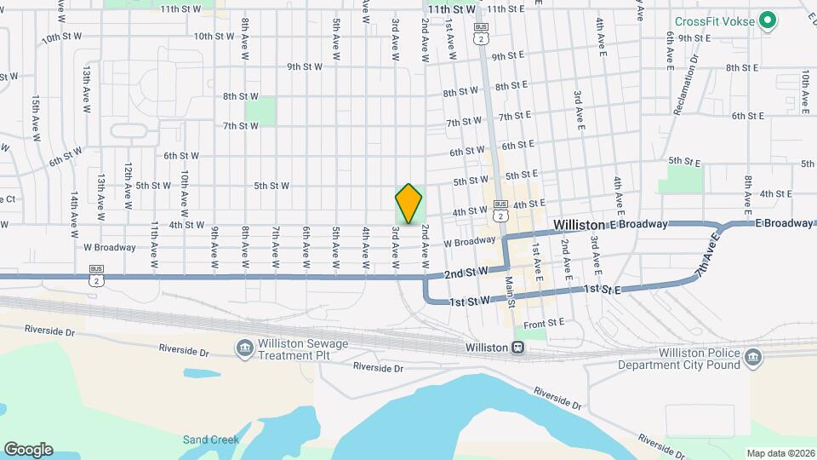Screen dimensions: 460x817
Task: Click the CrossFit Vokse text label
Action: click(715, 21)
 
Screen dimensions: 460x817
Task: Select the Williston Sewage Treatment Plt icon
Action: click(244, 348)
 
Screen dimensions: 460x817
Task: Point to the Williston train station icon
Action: click(517, 348)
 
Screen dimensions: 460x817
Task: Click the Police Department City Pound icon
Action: click(752, 358)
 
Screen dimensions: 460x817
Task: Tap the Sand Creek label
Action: click(204, 440)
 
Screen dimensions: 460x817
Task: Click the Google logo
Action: click(28, 449)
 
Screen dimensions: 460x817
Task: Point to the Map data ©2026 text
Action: click(780, 452)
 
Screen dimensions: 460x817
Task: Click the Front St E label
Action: click(545, 324)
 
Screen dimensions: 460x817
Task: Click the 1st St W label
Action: click(470, 301)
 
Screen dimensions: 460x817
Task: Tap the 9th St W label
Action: click(307, 66)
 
